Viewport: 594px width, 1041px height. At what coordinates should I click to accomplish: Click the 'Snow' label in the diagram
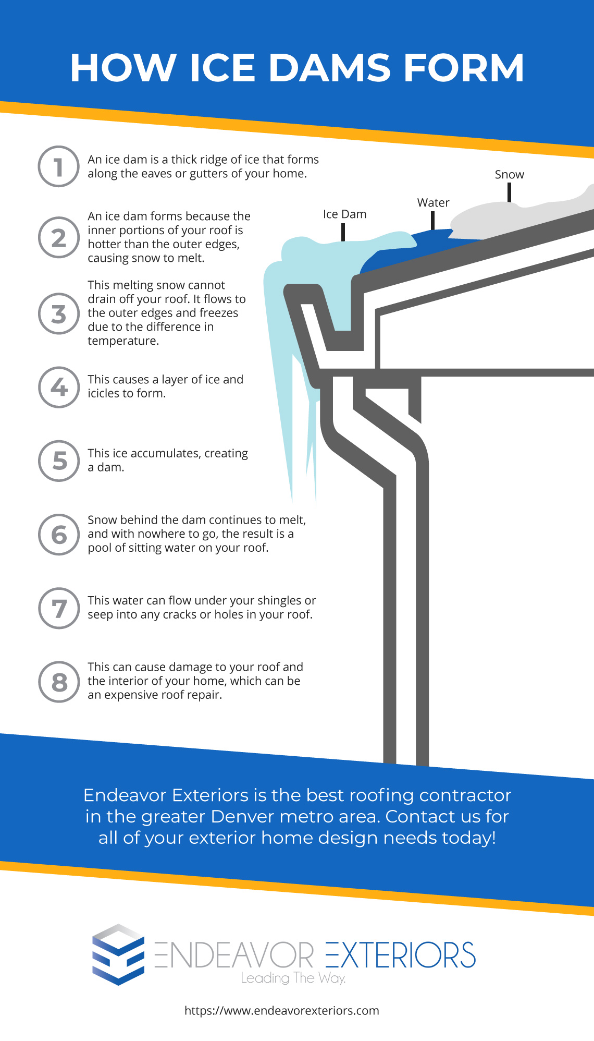click(509, 175)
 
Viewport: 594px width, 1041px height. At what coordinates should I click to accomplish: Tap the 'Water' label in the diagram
click(433, 203)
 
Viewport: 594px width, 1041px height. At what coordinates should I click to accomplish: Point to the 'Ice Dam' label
click(344, 214)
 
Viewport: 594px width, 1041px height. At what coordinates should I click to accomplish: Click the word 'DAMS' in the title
click(329, 68)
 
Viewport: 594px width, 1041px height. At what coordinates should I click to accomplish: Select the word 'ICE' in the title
click(222, 68)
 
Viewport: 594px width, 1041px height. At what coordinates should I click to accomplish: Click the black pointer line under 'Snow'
click(509, 192)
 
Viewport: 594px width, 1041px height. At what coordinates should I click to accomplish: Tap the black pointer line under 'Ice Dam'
click(343, 232)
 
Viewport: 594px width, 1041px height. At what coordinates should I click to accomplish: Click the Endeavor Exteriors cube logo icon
click(118, 954)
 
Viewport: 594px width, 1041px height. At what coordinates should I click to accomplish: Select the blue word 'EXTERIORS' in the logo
click(400, 955)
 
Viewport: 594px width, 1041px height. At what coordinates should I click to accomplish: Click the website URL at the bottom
click(282, 1011)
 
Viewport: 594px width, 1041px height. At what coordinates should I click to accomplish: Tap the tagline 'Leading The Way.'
click(293, 978)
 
